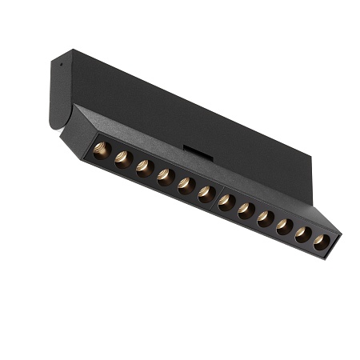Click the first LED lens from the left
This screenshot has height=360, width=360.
click(102, 150)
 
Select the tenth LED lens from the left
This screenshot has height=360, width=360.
click(285, 227)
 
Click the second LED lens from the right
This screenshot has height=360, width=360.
click(304, 235)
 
